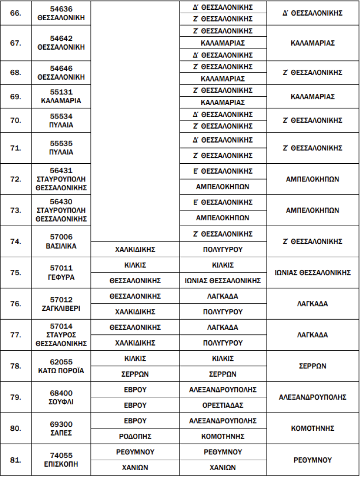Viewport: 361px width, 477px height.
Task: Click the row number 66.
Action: (16, 13)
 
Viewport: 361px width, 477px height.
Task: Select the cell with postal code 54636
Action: (61, 13)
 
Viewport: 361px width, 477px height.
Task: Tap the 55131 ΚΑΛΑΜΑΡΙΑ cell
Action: (61, 97)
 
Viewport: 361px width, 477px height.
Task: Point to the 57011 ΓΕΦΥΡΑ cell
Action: (61, 273)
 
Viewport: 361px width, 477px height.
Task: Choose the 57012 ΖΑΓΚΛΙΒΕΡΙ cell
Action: (61, 304)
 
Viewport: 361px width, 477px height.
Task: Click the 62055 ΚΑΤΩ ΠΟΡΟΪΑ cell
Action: (61, 366)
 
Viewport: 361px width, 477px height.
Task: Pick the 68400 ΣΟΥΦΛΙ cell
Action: (61, 397)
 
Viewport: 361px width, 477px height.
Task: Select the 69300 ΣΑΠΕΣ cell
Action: (61, 428)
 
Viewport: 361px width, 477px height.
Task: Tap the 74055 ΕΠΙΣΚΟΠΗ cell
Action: (61, 460)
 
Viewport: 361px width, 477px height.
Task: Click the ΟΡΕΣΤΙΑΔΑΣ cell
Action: (223, 405)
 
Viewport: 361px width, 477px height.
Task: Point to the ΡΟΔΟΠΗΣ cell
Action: (135, 436)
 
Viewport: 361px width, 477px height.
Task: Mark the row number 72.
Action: (16, 179)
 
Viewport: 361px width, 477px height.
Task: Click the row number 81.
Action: (16, 460)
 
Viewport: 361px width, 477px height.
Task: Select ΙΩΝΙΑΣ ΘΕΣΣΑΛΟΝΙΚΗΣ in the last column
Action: (312, 273)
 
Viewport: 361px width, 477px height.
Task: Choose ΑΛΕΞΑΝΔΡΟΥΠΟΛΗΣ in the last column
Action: (312, 397)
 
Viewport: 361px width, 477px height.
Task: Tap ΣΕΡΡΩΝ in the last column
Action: (312, 366)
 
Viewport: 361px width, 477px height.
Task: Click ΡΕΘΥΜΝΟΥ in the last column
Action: (312, 460)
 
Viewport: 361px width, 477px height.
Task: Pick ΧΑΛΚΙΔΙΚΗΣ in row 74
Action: (135, 249)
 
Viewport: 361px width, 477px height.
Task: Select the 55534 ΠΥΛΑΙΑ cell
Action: (61, 120)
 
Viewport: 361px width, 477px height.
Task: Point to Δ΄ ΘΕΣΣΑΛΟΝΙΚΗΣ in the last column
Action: (312, 13)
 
